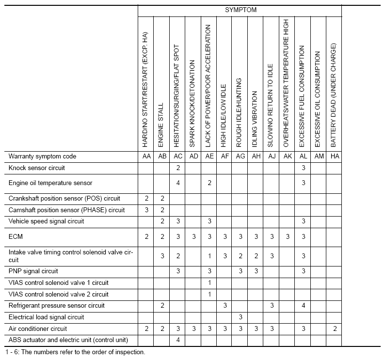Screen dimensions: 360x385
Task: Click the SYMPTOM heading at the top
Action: tap(241, 10)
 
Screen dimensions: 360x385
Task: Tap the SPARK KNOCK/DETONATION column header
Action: tap(192, 104)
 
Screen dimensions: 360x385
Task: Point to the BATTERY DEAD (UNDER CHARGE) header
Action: tap(334, 95)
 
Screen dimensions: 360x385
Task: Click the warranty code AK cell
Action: tap(287, 157)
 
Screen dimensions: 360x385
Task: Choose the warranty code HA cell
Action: tap(334, 157)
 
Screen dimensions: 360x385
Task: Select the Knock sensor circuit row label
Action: tap(37, 168)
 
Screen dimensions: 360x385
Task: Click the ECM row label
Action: tap(16, 236)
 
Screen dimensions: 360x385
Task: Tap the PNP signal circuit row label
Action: tap(33, 271)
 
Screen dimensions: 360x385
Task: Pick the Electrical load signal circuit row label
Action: tap(47, 317)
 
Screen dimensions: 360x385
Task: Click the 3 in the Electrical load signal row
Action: tap(240, 317)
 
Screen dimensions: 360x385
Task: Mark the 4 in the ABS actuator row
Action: tap(178, 340)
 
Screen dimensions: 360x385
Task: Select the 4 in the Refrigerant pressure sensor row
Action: tap(303, 306)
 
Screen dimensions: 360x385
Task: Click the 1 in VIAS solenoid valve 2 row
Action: tap(209, 294)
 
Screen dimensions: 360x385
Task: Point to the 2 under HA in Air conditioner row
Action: tap(334, 329)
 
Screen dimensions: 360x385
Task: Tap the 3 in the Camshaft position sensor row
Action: tap(146, 210)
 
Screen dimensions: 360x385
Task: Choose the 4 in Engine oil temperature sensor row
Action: tap(178, 183)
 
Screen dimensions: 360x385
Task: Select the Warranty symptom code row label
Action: tap(43, 157)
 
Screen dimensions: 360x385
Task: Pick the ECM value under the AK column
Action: tap(287, 236)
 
